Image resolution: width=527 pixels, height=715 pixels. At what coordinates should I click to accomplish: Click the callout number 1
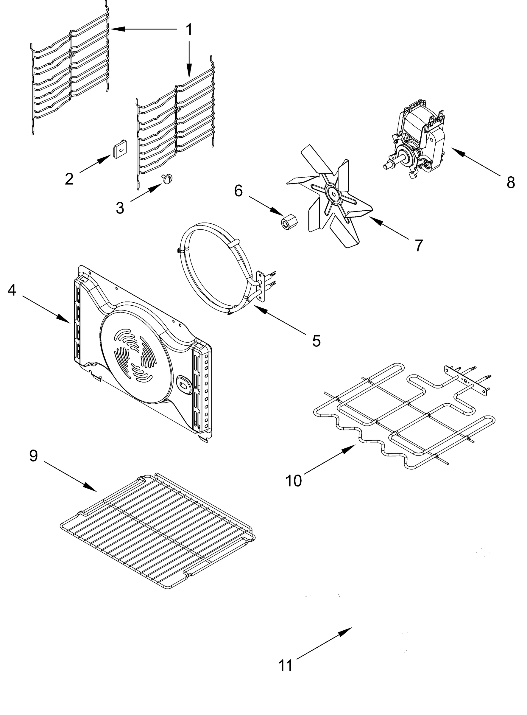tap(189, 30)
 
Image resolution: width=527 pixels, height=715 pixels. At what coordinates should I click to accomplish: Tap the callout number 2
tap(69, 179)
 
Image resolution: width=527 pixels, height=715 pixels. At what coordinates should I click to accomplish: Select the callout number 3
tap(120, 208)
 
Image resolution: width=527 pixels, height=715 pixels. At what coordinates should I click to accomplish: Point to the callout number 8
tap(510, 183)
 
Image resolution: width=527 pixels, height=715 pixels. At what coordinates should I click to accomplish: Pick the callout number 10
tap(294, 481)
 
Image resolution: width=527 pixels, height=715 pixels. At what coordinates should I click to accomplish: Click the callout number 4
tap(12, 290)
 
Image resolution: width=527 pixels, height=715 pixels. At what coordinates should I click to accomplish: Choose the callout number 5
tap(316, 341)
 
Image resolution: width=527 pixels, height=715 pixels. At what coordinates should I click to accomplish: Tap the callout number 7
tap(419, 245)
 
